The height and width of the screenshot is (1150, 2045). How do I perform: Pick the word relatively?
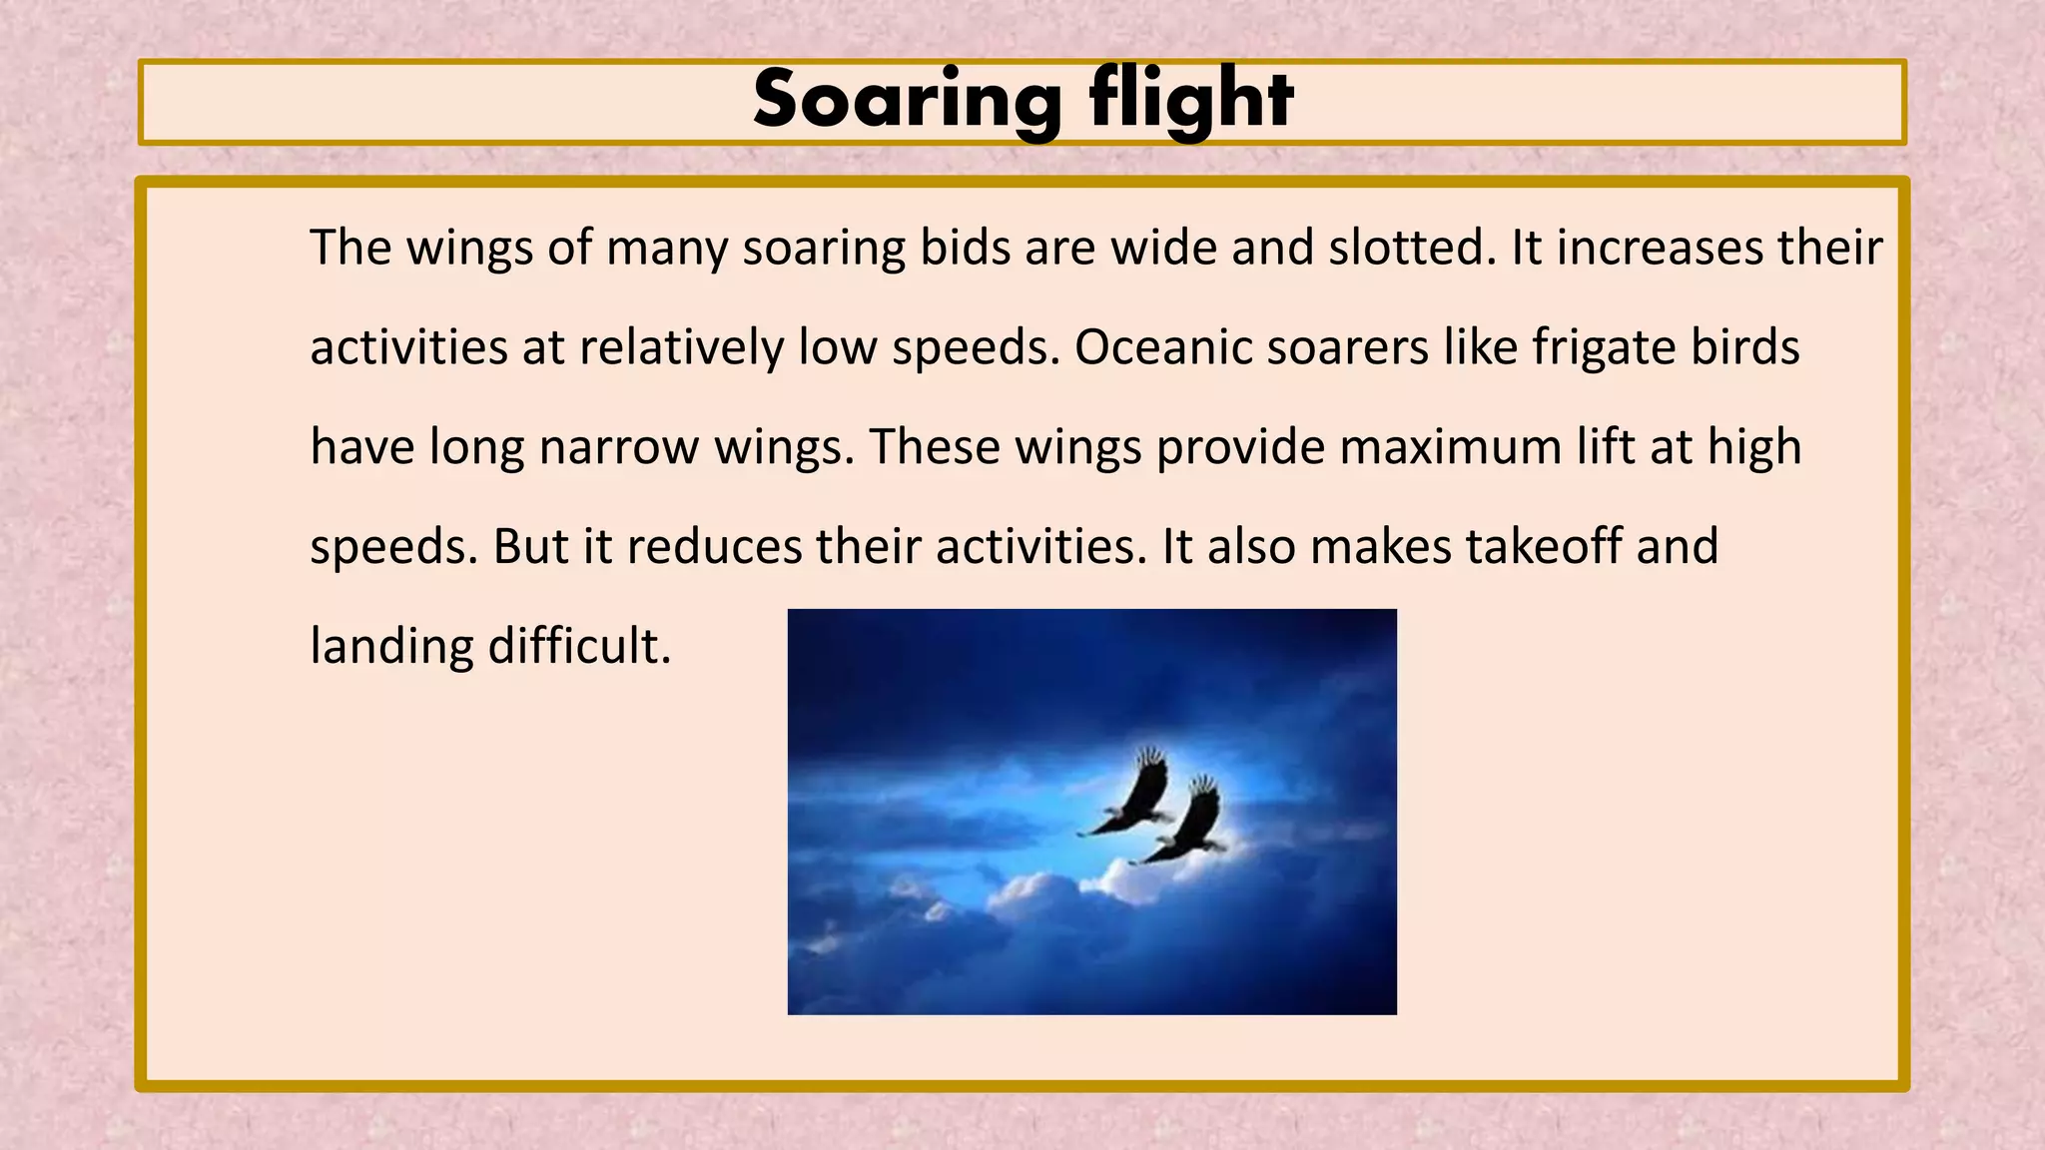click(681, 347)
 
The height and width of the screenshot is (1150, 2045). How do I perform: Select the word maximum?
click(1450, 447)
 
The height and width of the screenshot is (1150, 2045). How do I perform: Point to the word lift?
click(1605, 447)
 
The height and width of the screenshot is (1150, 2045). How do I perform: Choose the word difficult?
click(579, 647)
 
